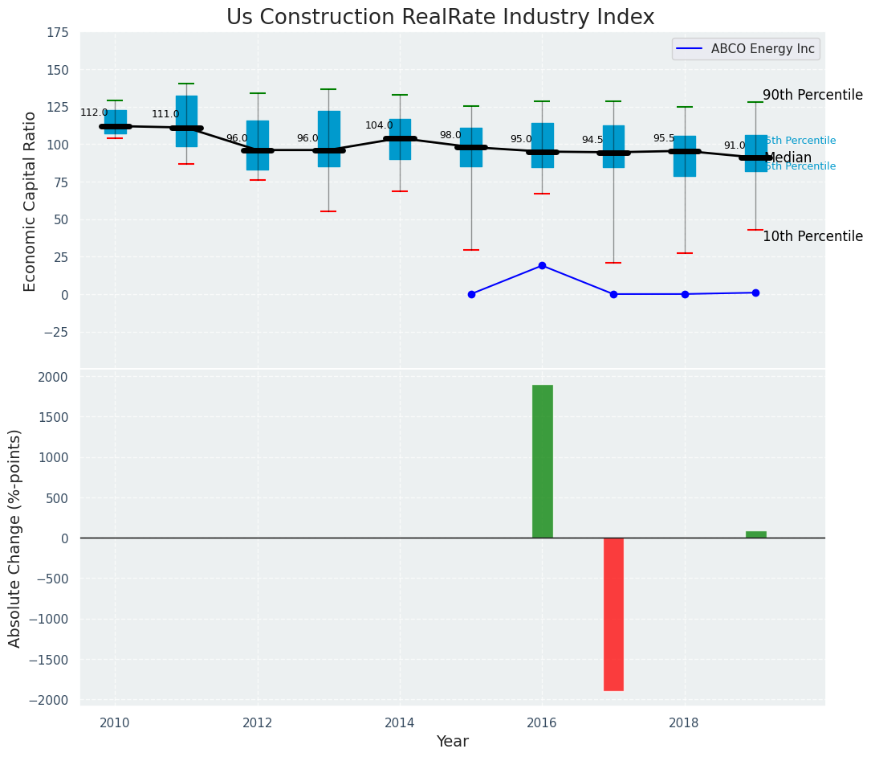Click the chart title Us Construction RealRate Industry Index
point(440,18)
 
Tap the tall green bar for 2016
point(543,461)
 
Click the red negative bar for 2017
point(613,614)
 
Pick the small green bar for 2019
point(755,534)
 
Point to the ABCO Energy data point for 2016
point(542,265)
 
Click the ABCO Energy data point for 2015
point(471,294)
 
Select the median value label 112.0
point(94,113)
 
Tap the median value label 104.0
point(379,125)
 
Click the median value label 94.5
point(592,140)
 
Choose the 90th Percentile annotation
point(812,95)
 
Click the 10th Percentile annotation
point(812,236)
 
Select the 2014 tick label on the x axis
point(400,723)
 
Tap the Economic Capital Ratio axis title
point(31,201)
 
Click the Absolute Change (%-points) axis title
point(15,538)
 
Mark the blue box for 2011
point(186,121)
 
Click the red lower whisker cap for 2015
point(471,250)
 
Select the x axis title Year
point(452,742)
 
